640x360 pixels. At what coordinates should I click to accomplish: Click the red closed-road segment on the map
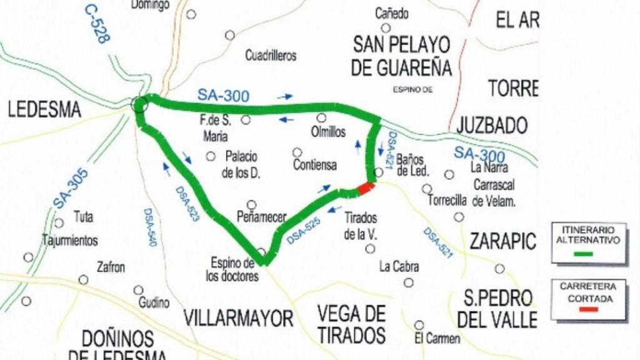pyautogui.click(x=366, y=187)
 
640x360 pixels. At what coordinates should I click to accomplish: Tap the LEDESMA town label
pyautogui.click(x=44, y=111)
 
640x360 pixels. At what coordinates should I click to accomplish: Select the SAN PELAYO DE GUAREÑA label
pyautogui.click(x=401, y=56)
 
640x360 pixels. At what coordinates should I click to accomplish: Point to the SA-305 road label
pyautogui.click(x=70, y=188)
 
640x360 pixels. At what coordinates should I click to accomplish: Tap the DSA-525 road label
pyautogui.click(x=305, y=229)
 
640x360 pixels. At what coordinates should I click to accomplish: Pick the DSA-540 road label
pyautogui.click(x=149, y=228)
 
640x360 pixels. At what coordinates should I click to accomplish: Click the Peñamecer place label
pyautogui.click(x=262, y=217)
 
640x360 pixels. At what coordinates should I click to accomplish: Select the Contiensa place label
pyautogui.click(x=314, y=165)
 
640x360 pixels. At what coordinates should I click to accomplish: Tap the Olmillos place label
pyautogui.click(x=327, y=132)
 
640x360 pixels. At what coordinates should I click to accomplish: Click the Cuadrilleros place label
pyautogui.click(x=271, y=56)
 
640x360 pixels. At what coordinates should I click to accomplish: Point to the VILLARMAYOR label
pyautogui.click(x=238, y=318)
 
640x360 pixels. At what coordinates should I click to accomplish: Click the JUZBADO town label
pyautogui.click(x=492, y=126)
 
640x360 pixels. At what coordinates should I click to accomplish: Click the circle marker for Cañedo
pyautogui.click(x=386, y=27)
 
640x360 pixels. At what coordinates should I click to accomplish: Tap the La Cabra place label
pyautogui.click(x=399, y=267)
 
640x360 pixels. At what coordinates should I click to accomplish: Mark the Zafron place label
pyautogui.click(x=111, y=267)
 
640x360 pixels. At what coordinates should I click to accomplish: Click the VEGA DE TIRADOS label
pyautogui.click(x=351, y=322)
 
